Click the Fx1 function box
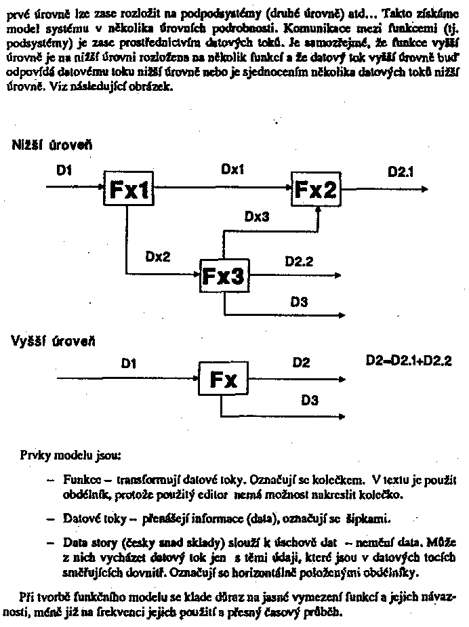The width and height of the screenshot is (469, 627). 127,190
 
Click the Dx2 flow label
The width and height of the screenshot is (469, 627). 157,257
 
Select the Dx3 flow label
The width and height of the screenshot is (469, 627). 257,217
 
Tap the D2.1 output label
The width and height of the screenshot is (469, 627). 401,173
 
